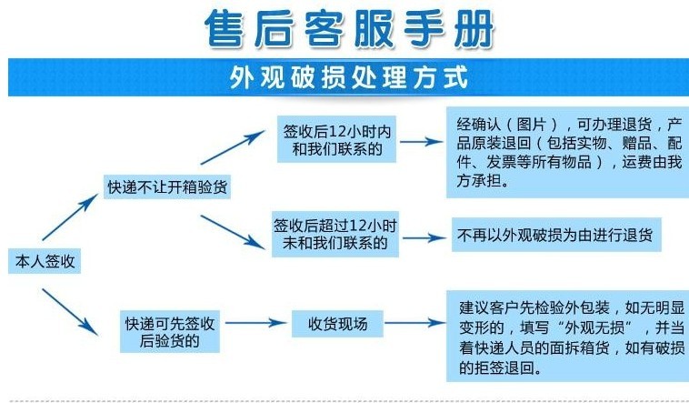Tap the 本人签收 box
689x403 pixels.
pyautogui.click(x=43, y=262)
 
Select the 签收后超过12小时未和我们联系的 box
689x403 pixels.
pyautogui.click(x=335, y=234)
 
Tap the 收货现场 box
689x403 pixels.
pyautogui.click(x=336, y=324)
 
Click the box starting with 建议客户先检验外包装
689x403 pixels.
pyautogui.click(x=568, y=334)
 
